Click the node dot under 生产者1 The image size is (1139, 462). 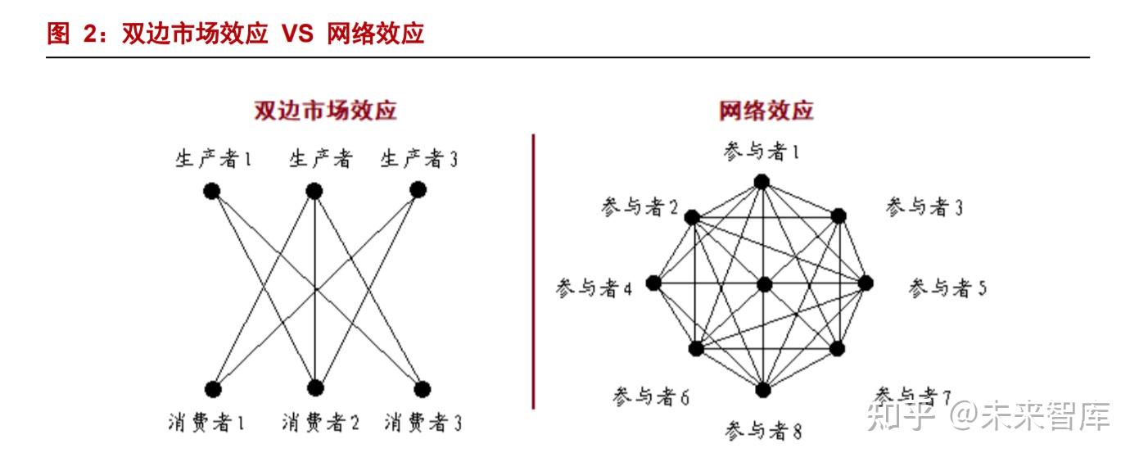(x=212, y=191)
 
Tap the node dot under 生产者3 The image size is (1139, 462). (x=418, y=190)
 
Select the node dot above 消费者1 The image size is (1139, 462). (x=213, y=388)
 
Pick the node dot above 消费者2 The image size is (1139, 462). (x=315, y=388)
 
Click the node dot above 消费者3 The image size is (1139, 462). (x=422, y=388)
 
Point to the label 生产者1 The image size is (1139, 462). (x=213, y=158)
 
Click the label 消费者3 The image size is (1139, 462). (x=423, y=423)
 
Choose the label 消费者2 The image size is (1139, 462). (x=320, y=423)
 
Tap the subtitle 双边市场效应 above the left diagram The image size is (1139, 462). (x=325, y=111)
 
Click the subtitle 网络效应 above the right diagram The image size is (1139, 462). (x=766, y=111)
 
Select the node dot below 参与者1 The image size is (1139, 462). (x=762, y=181)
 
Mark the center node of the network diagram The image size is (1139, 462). (x=764, y=284)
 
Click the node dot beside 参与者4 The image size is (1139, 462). (x=653, y=283)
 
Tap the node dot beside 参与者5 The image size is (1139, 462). (x=866, y=283)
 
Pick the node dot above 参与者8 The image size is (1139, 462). (x=763, y=390)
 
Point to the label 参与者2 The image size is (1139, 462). (x=640, y=208)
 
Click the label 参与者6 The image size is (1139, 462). (x=650, y=397)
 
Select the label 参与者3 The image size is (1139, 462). (x=924, y=207)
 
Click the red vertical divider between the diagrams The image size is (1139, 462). (x=533, y=270)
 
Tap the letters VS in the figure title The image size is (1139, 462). (x=298, y=34)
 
